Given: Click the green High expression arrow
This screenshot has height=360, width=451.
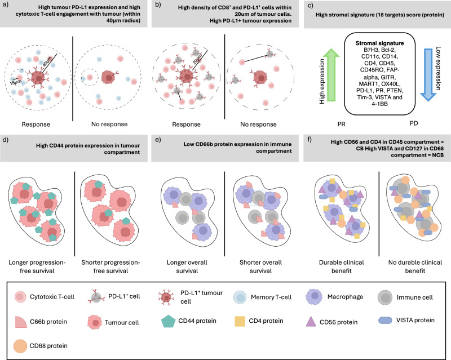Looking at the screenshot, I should click(x=329, y=75).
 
